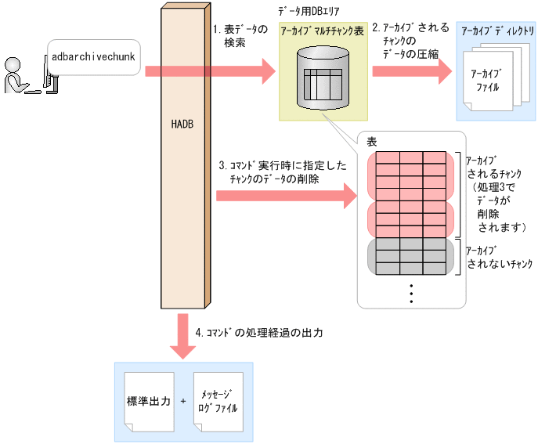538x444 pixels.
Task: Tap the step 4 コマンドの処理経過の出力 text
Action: [258, 333]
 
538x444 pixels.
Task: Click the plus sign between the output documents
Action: [182, 402]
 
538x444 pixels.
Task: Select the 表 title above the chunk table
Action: [371, 141]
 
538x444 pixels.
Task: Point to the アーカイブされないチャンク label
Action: [498, 257]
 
